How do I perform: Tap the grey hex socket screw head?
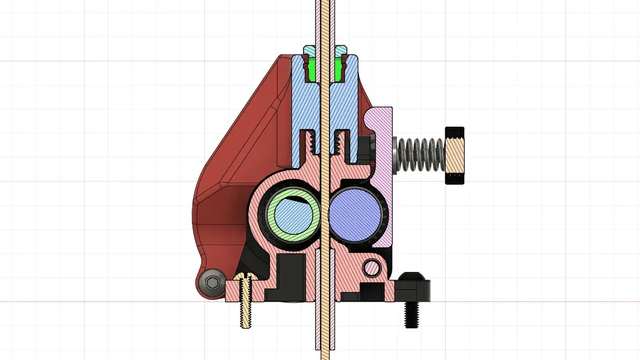[x=212, y=282]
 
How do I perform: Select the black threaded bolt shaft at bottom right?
[x=411, y=314]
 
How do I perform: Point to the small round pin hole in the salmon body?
[x=372, y=267]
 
